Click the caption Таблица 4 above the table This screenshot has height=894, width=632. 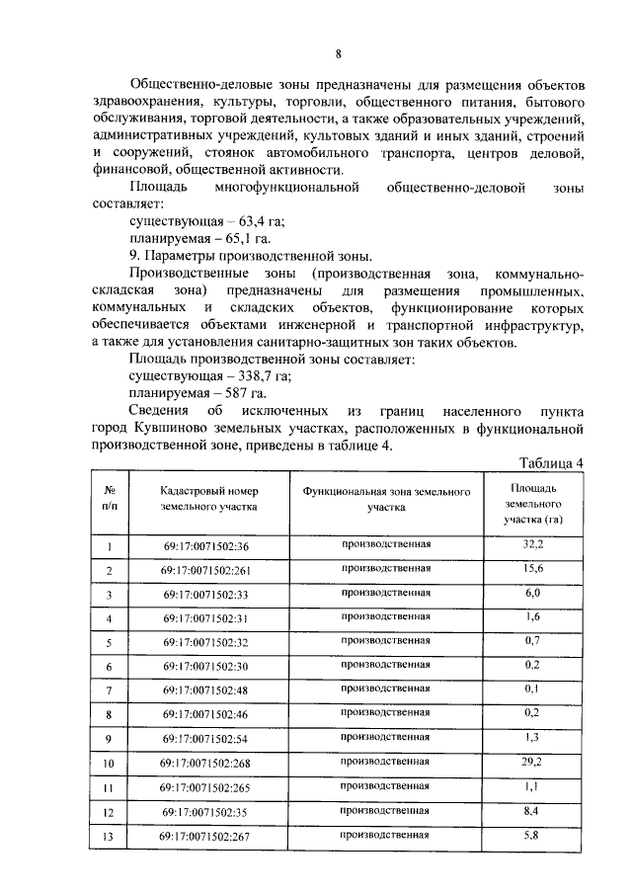[x=552, y=462]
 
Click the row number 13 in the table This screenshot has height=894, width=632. [x=111, y=837]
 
